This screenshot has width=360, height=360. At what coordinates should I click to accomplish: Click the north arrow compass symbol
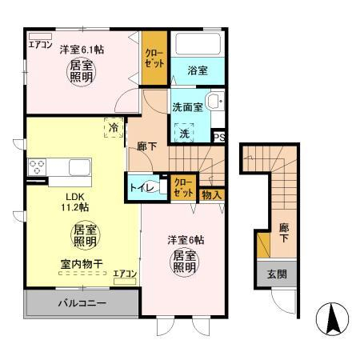(332, 319)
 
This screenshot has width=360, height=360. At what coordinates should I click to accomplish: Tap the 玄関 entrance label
(277, 274)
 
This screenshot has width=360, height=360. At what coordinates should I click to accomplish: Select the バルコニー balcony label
(82, 303)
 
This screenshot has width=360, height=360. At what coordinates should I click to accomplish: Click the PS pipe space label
(219, 138)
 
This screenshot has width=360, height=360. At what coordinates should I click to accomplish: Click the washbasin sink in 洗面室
(217, 101)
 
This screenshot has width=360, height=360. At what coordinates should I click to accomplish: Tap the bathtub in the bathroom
(198, 44)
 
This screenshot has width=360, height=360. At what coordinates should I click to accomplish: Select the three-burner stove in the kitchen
(37, 166)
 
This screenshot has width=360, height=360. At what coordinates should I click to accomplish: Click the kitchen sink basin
(79, 167)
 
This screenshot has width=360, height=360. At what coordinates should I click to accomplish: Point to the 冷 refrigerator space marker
(114, 128)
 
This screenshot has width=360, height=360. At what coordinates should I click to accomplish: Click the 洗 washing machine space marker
(184, 133)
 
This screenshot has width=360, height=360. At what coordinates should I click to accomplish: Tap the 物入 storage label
(212, 195)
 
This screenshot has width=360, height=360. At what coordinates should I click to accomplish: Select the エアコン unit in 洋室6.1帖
(40, 36)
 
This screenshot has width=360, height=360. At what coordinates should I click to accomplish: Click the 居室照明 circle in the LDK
(85, 235)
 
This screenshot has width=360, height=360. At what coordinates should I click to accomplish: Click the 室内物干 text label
(82, 264)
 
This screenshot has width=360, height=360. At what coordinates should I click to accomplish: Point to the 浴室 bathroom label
(198, 70)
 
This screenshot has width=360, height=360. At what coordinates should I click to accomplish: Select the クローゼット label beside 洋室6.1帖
(154, 58)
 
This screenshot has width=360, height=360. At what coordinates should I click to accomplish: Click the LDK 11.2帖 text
(75, 202)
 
